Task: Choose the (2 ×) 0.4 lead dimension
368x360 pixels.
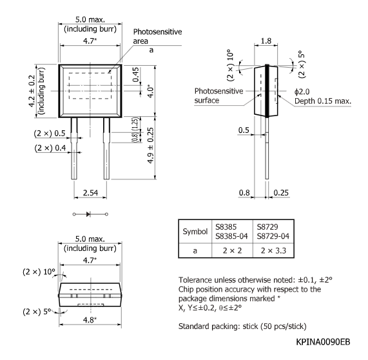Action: coord(51,148)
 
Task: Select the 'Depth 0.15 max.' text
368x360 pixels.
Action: coord(324,102)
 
